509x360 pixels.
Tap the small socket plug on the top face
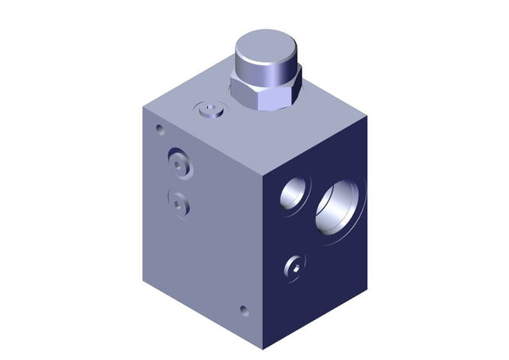coord(208,110)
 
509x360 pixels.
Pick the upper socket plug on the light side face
coord(179,162)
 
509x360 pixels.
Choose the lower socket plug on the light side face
coord(177,202)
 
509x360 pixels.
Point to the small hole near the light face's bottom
coord(244,311)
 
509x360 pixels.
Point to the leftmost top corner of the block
coord(142,111)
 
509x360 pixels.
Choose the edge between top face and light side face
coord(204,140)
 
